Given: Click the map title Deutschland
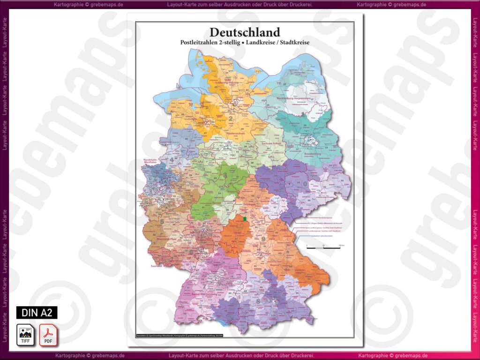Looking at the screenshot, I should click(245, 32).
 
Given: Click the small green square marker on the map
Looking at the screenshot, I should click(245, 218).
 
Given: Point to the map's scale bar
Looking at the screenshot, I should click(323, 246).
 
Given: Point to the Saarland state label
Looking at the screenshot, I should click(156, 266).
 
